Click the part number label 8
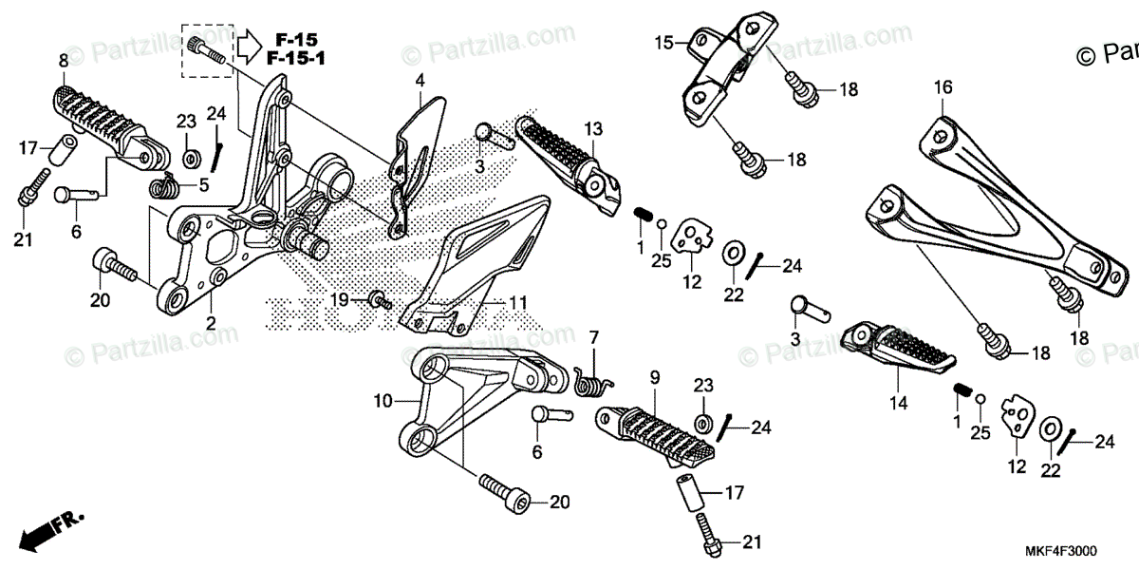pyautogui.click(x=63, y=61)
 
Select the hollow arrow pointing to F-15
pyautogui.click(x=249, y=44)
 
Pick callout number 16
pyautogui.click(x=942, y=87)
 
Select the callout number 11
pyautogui.click(x=517, y=303)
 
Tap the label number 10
pyautogui.click(x=383, y=402)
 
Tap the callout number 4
pyautogui.click(x=420, y=82)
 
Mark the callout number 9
pyautogui.click(x=654, y=378)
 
